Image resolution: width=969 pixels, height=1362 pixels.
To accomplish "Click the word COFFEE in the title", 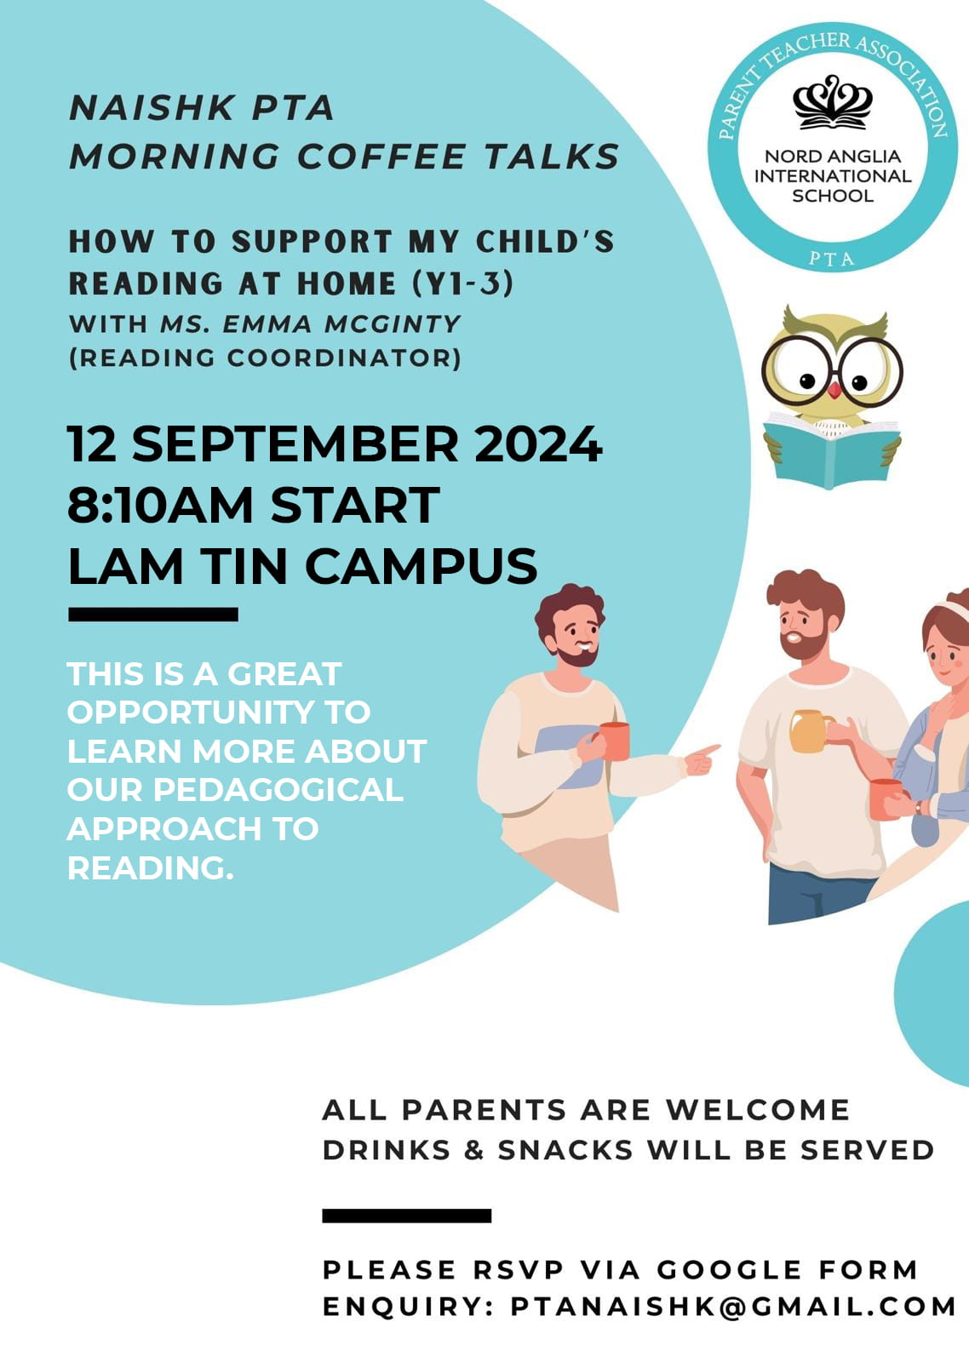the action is (381, 157).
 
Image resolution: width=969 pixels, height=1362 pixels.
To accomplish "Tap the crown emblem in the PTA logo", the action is (832, 102).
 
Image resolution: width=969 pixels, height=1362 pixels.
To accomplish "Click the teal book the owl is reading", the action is (832, 450).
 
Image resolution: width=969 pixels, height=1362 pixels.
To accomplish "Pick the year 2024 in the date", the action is (538, 444).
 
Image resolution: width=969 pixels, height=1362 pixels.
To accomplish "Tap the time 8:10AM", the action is (160, 505).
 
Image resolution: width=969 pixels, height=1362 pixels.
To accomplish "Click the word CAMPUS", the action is (421, 566).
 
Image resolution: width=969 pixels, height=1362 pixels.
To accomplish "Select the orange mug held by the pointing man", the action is (615, 741).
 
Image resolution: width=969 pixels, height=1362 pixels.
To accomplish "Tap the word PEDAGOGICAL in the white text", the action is (278, 790).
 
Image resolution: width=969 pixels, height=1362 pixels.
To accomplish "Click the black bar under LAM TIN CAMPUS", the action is (152, 614).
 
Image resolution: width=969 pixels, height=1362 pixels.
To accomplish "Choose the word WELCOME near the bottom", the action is (757, 1110).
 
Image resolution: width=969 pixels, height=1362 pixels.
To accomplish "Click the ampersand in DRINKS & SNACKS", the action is (473, 1150).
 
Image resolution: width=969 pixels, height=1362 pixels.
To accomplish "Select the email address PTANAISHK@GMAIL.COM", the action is (732, 1306).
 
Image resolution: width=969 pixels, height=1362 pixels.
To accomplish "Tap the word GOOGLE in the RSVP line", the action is (730, 1269).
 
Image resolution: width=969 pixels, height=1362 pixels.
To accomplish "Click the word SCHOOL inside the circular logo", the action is (832, 196).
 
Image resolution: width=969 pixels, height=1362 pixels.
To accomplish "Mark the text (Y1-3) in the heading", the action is (463, 283).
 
